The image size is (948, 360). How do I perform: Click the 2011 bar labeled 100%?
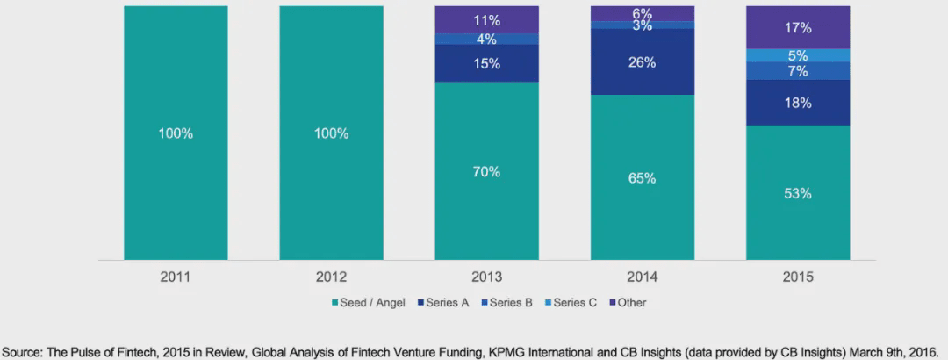tap(176, 133)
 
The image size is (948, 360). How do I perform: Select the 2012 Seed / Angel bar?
tap(331, 133)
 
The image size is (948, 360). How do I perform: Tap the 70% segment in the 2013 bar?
tap(487, 171)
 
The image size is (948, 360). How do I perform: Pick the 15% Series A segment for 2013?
tap(487, 63)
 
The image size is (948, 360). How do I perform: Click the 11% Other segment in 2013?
tap(487, 19)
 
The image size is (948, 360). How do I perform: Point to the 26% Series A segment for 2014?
tap(643, 62)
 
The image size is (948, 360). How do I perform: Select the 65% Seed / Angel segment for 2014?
tap(643, 177)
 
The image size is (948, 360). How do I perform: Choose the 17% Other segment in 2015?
tap(798, 27)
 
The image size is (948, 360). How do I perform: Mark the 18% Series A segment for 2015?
tap(798, 103)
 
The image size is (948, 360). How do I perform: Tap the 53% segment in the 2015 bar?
tap(798, 193)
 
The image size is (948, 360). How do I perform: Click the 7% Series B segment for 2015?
tap(798, 71)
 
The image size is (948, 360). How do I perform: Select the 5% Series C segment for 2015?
tap(798, 55)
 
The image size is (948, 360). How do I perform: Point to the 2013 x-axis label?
tap(487, 277)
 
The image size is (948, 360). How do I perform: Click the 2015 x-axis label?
tap(798, 277)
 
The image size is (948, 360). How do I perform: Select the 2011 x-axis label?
tap(176, 277)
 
